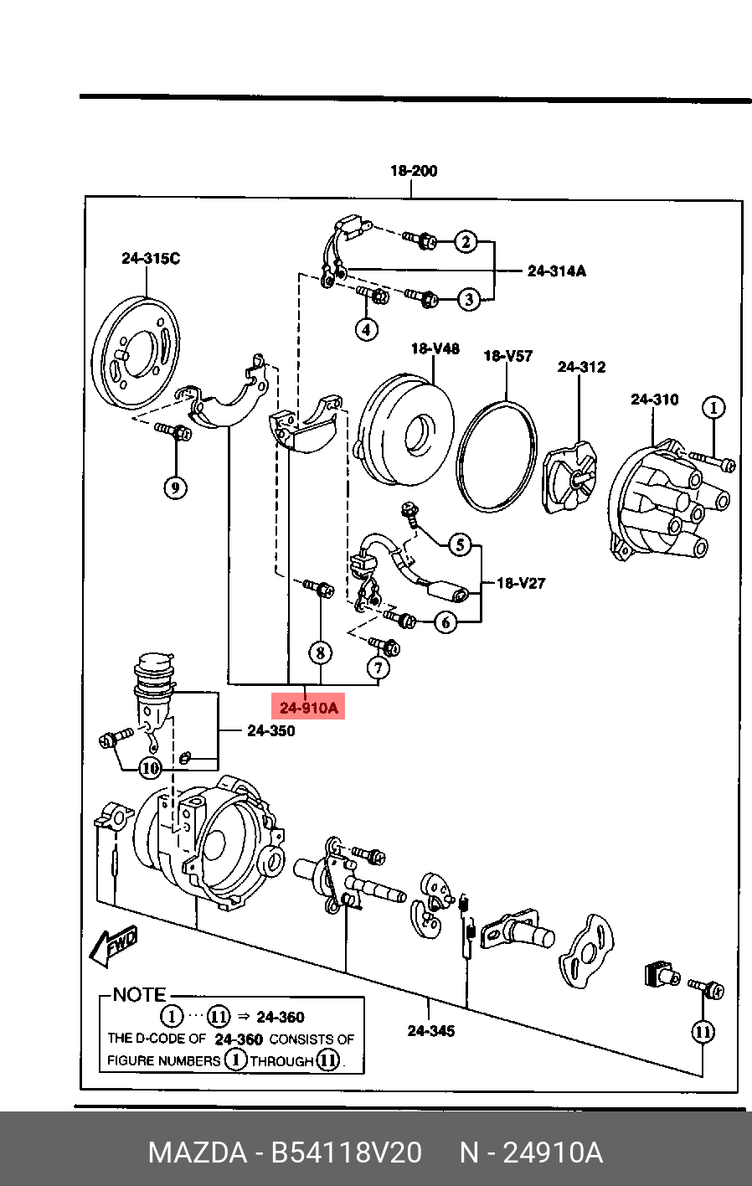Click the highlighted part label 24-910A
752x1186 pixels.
pos(308,707)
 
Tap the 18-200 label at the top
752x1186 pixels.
pos(414,171)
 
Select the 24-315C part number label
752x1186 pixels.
pos(151,258)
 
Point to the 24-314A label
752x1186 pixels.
pos(557,271)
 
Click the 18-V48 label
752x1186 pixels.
pos(435,348)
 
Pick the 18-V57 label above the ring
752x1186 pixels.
pos(508,355)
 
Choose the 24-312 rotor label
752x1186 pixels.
pos(581,366)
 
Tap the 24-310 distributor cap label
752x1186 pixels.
pos(654,400)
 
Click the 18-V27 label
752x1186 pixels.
pos(521,584)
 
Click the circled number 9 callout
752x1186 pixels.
pos(176,487)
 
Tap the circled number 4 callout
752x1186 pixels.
pos(366,330)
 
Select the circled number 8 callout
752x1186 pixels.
pos(321,652)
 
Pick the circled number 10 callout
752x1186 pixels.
pos(150,768)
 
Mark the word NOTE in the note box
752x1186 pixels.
pos(140,995)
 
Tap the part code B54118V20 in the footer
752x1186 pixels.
pos(347,1152)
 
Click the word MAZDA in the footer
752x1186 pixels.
pos(198,1152)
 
